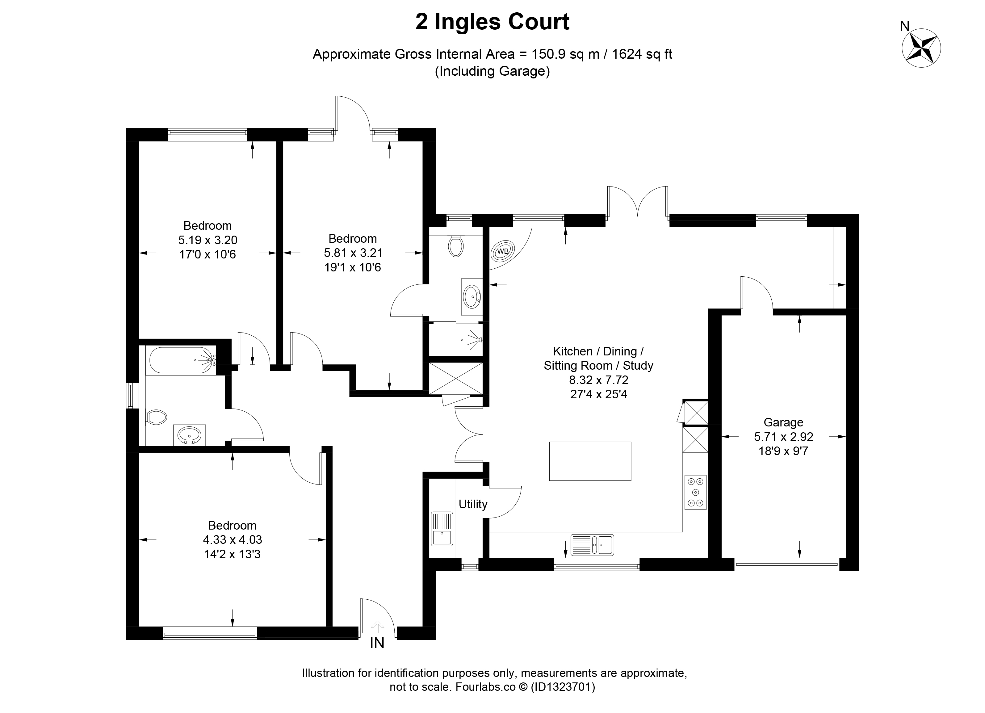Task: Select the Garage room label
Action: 783,422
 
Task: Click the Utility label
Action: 473,504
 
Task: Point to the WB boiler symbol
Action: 502,251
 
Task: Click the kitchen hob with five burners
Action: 696,493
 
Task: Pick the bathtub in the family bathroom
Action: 183,360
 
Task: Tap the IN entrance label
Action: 377,643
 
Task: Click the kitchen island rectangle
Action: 590,461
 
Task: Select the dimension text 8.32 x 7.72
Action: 598,380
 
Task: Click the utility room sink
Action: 442,528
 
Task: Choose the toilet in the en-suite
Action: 455,246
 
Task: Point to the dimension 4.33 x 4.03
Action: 232,540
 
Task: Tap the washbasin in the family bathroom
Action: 189,435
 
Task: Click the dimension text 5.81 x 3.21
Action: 353,253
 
